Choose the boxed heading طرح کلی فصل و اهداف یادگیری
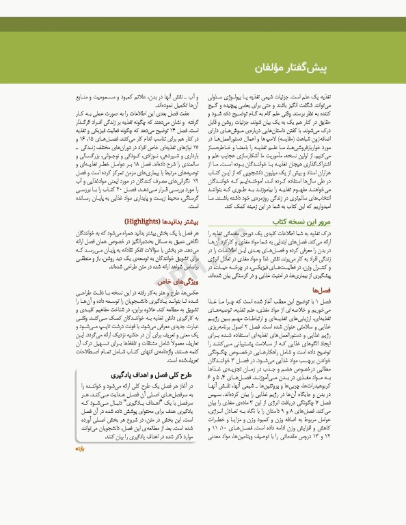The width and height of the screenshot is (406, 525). coord(158,394)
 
